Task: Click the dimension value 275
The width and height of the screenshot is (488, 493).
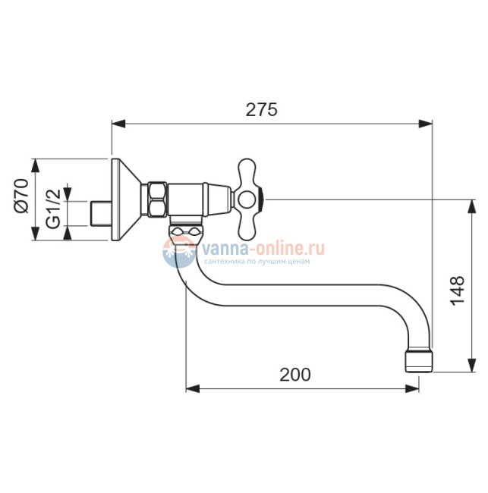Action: [x=262, y=110]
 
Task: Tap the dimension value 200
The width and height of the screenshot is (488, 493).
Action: [x=295, y=375]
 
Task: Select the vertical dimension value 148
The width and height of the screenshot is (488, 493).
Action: [x=457, y=290]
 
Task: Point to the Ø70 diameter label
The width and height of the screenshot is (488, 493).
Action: [x=22, y=196]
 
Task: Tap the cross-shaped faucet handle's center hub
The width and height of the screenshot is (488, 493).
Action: [x=246, y=200]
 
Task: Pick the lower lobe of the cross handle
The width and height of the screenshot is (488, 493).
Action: [x=247, y=226]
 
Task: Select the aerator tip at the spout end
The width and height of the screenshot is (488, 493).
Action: [x=419, y=362]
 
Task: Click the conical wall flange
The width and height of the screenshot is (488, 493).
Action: [x=125, y=199]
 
